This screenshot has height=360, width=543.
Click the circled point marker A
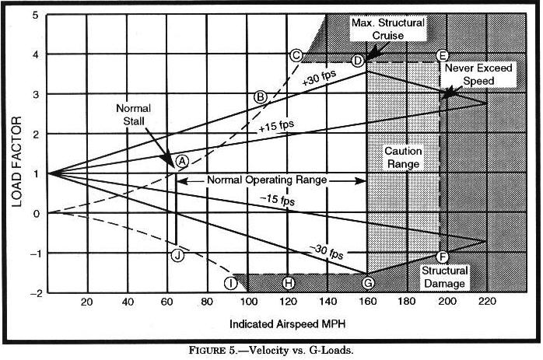pos(182,160)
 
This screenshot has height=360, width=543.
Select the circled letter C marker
pos(296,55)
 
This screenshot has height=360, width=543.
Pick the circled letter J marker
pos(177,254)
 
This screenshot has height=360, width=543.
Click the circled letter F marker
pos(443,257)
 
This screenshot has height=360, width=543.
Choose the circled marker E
pos(442,55)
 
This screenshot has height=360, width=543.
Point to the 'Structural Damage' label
pos(444,277)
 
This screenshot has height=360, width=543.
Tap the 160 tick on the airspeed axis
pos(367,302)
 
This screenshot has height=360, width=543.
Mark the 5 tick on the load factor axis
pos(36,14)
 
